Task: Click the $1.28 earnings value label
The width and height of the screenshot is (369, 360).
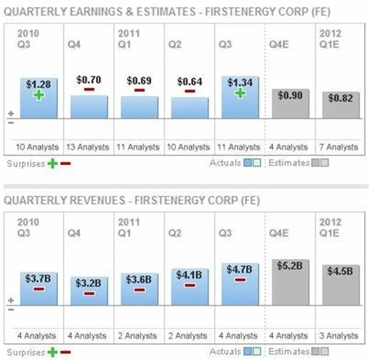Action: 39,85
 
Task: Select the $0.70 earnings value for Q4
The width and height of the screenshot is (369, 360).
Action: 88,80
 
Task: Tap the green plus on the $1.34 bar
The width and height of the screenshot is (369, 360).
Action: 240,93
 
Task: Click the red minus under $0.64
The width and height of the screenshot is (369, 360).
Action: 190,91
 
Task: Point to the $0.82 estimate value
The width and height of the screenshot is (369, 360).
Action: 340,98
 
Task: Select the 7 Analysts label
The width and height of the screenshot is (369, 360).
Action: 340,147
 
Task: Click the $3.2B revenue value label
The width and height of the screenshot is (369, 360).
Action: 88,284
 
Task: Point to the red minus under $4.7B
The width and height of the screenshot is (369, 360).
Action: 240,279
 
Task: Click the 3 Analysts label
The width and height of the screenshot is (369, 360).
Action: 340,335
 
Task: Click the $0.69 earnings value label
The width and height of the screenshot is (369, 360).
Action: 139,80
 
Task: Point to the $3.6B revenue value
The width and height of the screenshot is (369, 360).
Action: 139,279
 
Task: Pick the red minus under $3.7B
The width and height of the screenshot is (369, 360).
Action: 39,288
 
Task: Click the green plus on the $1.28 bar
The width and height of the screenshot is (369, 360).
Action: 39,95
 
